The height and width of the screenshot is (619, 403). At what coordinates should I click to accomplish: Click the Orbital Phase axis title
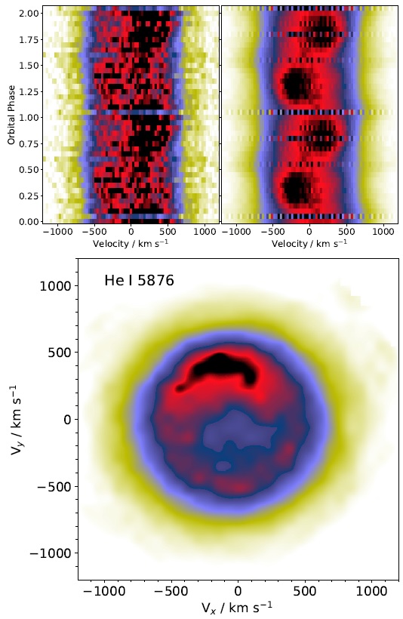click(11, 114)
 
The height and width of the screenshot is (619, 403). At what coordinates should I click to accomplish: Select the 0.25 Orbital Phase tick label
click(29, 196)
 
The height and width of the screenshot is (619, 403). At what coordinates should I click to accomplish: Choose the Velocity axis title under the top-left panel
click(131, 244)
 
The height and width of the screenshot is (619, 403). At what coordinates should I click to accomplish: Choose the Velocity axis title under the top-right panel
click(309, 244)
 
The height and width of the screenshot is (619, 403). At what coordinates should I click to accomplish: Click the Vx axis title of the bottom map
click(238, 608)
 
